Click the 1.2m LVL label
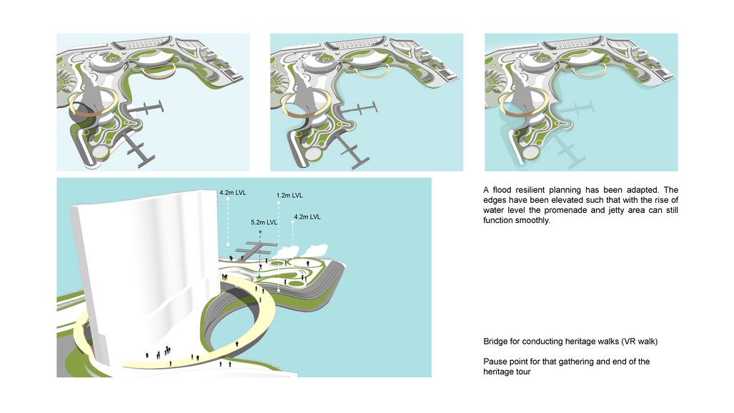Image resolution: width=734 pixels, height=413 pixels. point(289,195)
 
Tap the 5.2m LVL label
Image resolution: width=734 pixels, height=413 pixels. point(264,222)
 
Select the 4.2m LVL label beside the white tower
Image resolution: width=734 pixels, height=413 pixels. point(233,192)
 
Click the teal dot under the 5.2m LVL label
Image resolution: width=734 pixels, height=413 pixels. point(260,232)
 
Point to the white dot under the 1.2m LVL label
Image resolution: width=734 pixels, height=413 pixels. point(279,203)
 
